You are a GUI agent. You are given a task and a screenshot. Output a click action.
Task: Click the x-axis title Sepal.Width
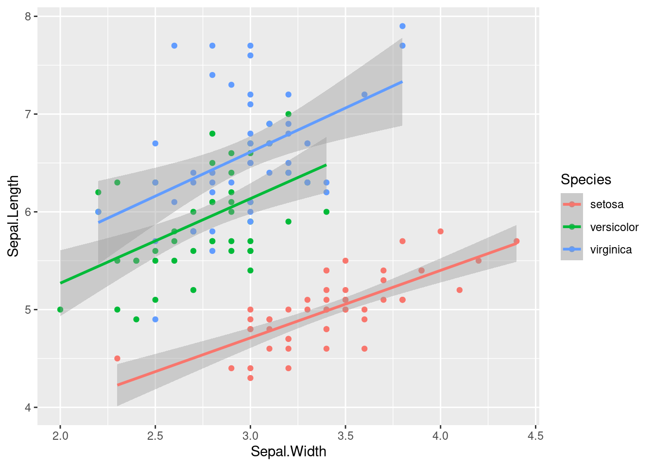[x=288, y=451]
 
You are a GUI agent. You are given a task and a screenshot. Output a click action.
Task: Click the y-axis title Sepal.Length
[x=13, y=216]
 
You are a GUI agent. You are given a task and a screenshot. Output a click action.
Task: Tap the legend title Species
[x=585, y=180]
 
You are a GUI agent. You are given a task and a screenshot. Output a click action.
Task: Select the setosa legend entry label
[x=606, y=204]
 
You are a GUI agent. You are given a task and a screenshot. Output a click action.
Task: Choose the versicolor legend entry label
[x=614, y=227]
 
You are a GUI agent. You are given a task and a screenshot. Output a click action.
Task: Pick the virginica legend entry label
[x=611, y=250]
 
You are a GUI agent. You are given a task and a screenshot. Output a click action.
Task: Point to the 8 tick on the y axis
[x=28, y=17]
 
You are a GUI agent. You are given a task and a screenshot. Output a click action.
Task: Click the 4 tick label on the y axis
[x=28, y=408]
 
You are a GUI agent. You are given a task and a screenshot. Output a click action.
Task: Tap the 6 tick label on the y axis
[x=28, y=212]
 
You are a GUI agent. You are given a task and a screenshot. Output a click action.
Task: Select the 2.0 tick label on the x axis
[x=60, y=435]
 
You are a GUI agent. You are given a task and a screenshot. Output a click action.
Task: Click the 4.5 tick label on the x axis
[x=535, y=435]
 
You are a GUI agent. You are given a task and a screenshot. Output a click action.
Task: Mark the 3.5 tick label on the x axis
[x=345, y=435]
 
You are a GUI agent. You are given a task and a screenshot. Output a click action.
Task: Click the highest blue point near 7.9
[x=402, y=26]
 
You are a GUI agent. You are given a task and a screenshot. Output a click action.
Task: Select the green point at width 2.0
[x=60, y=309]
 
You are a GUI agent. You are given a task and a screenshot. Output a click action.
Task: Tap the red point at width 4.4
[x=516, y=241]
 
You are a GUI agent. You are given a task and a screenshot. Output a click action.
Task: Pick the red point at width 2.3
[x=117, y=359]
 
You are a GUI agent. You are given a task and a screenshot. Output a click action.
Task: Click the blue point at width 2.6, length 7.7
[x=174, y=46]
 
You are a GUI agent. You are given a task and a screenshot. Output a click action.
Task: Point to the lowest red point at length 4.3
[x=250, y=378]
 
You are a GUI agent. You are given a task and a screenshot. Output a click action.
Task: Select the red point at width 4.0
[x=440, y=232]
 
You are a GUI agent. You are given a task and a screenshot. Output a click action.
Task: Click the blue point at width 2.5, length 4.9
[x=155, y=320]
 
